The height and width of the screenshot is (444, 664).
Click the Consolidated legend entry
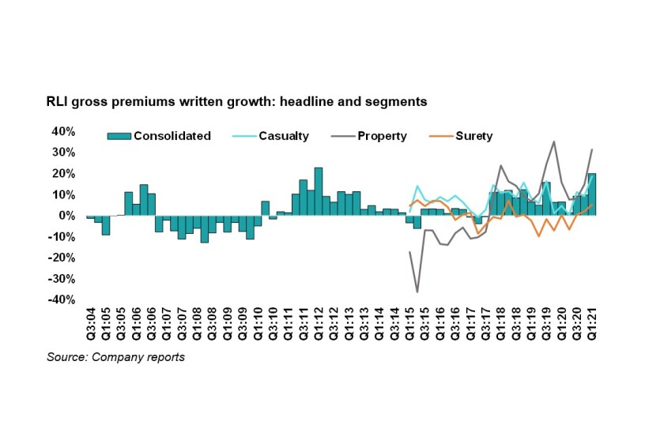tap(172, 136)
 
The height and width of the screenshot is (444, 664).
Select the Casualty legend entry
tap(282, 136)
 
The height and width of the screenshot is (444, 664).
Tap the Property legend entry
tap(382, 136)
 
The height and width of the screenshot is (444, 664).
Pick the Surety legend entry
tap(473, 136)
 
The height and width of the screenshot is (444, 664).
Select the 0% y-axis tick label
tap(68, 216)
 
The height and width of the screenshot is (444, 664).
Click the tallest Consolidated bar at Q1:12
tap(319, 191)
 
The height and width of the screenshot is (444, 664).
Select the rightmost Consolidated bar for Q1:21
tap(592, 194)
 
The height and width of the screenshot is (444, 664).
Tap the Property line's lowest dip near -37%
tap(417, 292)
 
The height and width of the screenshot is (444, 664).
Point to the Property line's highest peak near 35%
tap(554, 142)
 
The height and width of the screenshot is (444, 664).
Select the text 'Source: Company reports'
tap(115, 357)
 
